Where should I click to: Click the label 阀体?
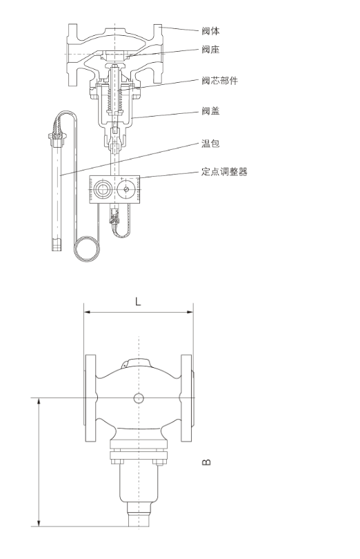coord(210,31)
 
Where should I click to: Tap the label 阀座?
coord(210,50)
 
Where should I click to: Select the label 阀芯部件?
coord(219,81)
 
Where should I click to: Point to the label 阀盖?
coord(210,111)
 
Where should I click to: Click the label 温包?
coord(210,144)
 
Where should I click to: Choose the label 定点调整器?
coord(224,171)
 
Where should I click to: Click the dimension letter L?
coord(138,302)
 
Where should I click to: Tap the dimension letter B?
coord(206,462)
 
